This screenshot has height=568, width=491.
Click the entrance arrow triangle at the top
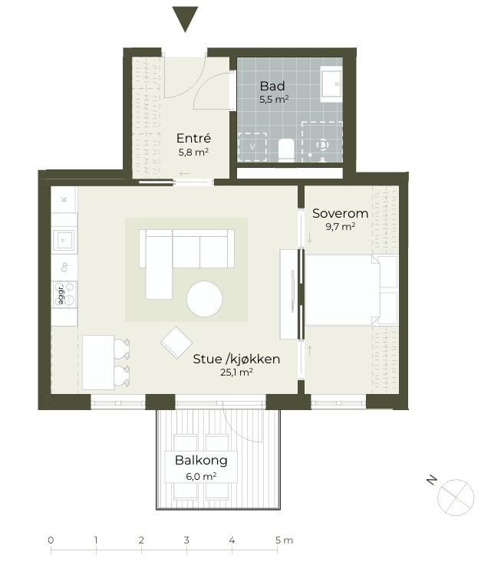185,18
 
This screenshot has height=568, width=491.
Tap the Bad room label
272,86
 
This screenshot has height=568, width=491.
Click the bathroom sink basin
331,84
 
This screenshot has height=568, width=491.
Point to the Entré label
193,138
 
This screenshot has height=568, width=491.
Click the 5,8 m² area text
193,152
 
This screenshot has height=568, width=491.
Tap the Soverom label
340,213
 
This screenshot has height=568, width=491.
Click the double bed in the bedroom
351,290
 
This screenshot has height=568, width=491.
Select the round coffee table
205,299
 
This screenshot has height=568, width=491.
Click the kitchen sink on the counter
64,240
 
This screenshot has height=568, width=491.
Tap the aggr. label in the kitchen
61,294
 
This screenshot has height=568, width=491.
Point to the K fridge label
64,199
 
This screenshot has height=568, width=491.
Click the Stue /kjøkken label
236,359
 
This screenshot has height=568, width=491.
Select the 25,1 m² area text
236,372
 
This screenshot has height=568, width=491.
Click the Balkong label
201,461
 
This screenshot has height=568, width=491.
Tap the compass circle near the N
456,497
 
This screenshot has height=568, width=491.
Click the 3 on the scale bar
186,540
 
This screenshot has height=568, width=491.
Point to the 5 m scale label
284,540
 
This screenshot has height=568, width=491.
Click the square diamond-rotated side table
176,343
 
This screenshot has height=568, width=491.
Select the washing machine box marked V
252,146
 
